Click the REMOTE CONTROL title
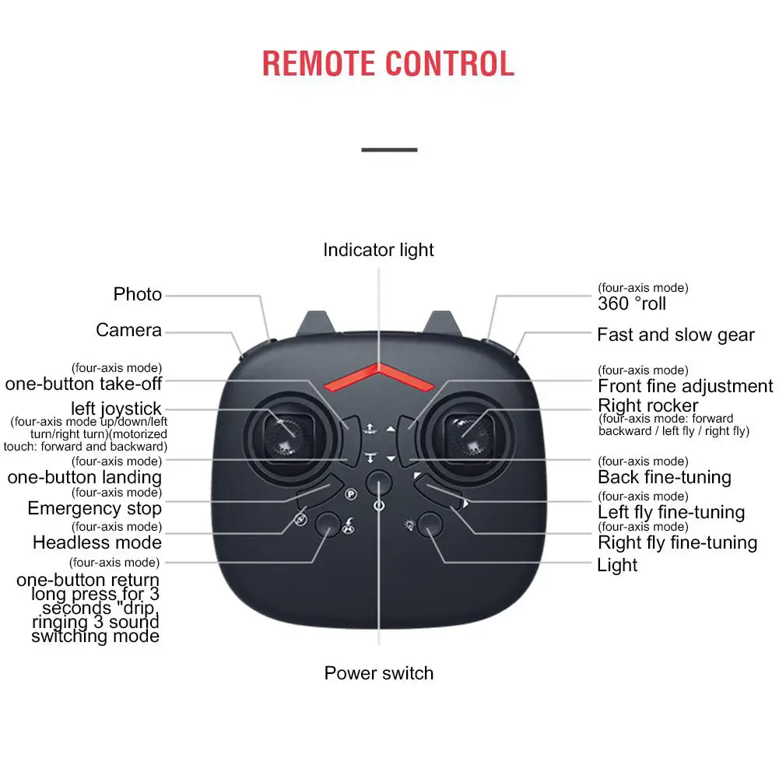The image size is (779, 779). pyautogui.click(x=388, y=63)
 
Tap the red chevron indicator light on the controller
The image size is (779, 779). pyautogui.click(x=379, y=377)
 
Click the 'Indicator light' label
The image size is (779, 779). pyautogui.click(x=378, y=250)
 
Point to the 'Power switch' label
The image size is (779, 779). pyautogui.click(x=379, y=673)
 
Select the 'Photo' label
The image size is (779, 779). pyautogui.click(x=138, y=294)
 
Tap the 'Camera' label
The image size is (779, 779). pyautogui.click(x=128, y=330)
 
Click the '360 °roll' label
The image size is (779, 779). pyautogui.click(x=632, y=304)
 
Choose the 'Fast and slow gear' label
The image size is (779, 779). pyautogui.click(x=675, y=335)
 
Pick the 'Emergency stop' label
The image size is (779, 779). pyautogui.click(x=94, y=508)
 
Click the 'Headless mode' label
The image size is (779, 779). pyautogui.click(x=96, y=542)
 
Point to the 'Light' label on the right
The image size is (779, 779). pyautogui.click(x=617, y=565)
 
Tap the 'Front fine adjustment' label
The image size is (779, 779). pyautogui.click(x=685, y=386)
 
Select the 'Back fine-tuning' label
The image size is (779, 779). pyautogui.click(x=665, y=477)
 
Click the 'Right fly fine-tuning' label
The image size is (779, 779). pyautogui.click(x=677, y=542)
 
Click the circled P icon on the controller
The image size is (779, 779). pyautogui.click(x=350, y=493)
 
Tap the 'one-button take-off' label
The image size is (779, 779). pyautogui.click(x=83, y=383)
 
